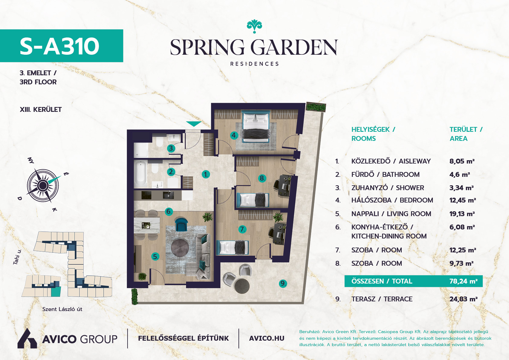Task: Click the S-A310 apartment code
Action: (60, 46)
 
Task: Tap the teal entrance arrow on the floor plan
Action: (194, 124)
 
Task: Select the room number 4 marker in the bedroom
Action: (234, 135)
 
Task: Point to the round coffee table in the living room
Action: (180, 248)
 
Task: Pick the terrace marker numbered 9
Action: (283, 284)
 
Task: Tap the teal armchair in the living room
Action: (181, 224)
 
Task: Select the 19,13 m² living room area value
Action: (462, 214)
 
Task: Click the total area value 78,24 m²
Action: (463, 281)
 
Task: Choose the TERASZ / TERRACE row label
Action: (382, 299)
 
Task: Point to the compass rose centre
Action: (43, 186)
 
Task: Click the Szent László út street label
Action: (62, 309)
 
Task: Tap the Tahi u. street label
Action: (17, 257)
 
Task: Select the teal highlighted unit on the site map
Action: (56, 292)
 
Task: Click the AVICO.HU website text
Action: (267, 339)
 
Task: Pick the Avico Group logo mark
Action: (27, 339)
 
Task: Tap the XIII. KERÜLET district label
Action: (41, 109)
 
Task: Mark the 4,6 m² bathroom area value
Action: (460, 174)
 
